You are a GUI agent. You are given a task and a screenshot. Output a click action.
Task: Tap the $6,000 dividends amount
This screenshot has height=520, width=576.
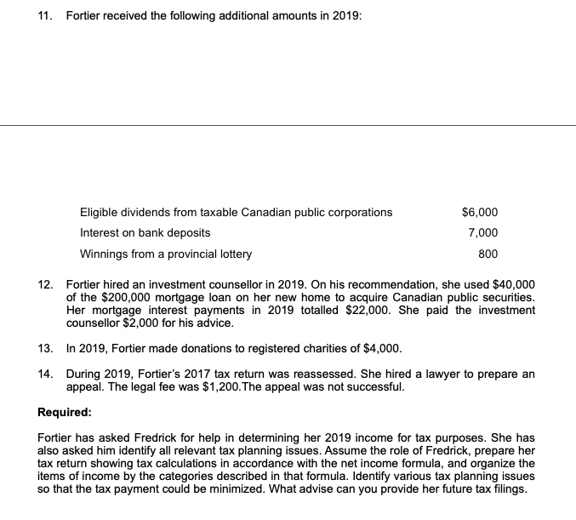[479, 212]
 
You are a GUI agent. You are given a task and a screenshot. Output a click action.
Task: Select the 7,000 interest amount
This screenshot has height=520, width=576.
[482, 232]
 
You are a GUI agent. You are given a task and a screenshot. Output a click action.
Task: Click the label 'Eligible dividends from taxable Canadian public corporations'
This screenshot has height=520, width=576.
[236, 212]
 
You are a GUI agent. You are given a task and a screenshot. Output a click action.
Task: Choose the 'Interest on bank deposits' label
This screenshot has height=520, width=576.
[145, 232]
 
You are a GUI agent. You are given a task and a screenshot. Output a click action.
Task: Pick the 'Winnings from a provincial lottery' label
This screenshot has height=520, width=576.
[165, 254]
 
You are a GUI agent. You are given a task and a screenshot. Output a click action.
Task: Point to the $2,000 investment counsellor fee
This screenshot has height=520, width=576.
[144, 323]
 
